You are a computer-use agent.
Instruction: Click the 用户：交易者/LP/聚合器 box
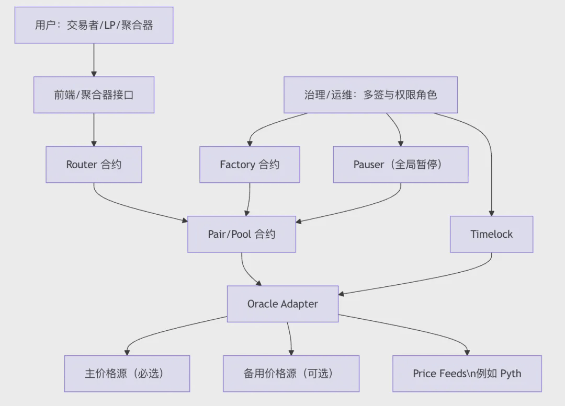click(94, 25)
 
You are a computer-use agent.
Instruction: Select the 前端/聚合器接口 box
click(94, 95)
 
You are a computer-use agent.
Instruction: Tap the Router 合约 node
click(94, 165)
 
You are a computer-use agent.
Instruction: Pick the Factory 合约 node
click(250, 165)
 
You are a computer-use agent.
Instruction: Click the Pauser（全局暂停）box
click(400, 165)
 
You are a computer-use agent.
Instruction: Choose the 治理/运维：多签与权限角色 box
click(370, 95)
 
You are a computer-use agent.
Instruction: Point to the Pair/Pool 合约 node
click(241, 234)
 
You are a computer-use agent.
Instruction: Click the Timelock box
click(491, 234)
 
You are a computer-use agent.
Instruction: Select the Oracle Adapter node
click(282, 304)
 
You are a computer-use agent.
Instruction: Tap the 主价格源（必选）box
click(127, 374)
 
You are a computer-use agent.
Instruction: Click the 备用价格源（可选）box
click(291, 374)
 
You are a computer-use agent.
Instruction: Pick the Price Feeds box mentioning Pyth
click(467, 374)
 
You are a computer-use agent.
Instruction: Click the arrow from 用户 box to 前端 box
click(94, 60)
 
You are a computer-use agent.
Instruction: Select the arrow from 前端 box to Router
click(94, 130)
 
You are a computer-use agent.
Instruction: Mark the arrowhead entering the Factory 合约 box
click(250, 143)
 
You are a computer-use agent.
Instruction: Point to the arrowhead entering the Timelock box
click(491, 213)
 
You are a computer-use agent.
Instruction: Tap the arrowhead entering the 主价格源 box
click(127, 352)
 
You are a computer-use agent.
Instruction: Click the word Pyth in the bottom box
click(511, 374)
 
